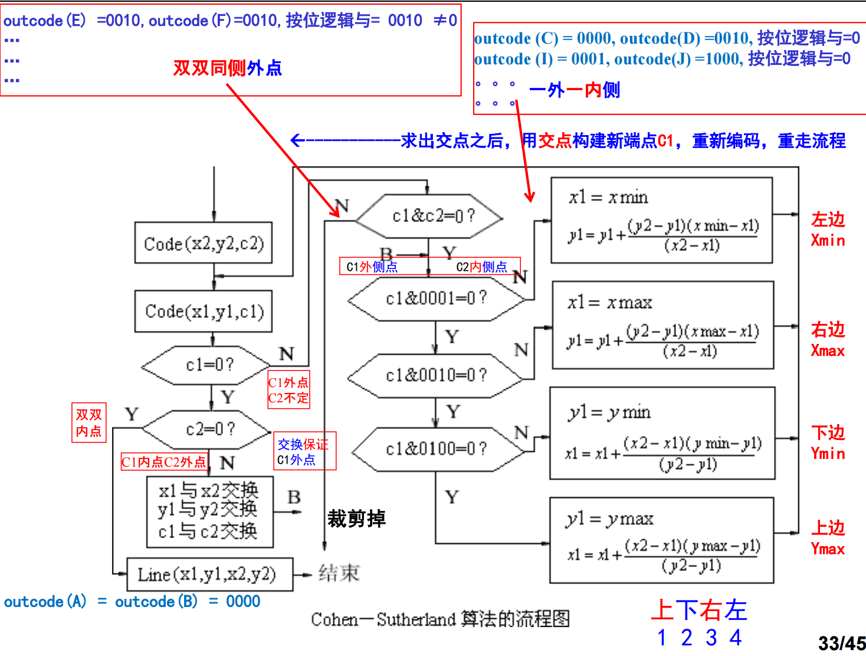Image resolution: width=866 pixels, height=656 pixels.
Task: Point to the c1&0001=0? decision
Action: (x=436, y=299)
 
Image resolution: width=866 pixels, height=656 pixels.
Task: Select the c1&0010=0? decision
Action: (x=436, y=375)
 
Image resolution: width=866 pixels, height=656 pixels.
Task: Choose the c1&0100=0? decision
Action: (x=436, y=449)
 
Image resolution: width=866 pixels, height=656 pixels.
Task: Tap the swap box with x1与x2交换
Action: (x=209, y=511)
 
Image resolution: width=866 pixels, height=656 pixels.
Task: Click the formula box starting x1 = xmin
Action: (x=661, y=221)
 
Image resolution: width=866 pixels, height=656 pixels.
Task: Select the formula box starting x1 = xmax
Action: (x=662, y=325)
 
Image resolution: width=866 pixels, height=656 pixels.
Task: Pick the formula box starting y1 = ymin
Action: (x=662, y=434)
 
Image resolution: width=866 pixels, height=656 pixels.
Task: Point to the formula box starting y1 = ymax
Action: (x=661, y=540)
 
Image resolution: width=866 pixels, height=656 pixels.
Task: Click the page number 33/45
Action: (x=841, y=643)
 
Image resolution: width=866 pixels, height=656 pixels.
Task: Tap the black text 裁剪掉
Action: (x=356, y=519)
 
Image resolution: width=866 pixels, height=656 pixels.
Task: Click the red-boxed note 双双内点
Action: (x=88, y=423)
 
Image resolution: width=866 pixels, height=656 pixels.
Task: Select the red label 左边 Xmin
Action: (x=828, y=229)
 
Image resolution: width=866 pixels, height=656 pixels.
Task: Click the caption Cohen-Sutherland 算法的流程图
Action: (x=440, y=619)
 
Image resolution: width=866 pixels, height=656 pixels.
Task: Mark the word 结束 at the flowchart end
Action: (x=339, y=573)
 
